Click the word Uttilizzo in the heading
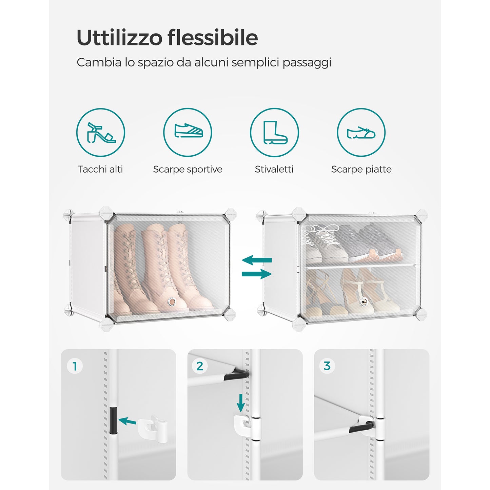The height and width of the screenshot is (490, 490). coord(119,37)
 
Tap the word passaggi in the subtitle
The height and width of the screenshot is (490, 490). coord(307,63)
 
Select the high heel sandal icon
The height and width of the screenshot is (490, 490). coord(101,133)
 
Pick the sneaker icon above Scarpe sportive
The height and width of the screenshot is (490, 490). coord(189,131)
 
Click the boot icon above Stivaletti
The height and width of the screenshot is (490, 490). coord(274,132)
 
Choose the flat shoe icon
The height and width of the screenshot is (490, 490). coord(361,133)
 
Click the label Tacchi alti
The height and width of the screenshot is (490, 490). coord(100,169)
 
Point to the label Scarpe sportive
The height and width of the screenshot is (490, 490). coord(188,169)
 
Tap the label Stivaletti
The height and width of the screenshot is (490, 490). coord(274,169)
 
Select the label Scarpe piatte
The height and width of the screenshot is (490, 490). coord(361,169)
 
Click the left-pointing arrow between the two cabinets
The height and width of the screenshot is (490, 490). coord(257,260)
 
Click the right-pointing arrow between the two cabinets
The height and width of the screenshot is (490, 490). coord(257,274)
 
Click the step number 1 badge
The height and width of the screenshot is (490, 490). coord(75,367)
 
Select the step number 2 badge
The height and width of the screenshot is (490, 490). coord(200,366)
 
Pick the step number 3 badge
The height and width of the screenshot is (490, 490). coord(327,366)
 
